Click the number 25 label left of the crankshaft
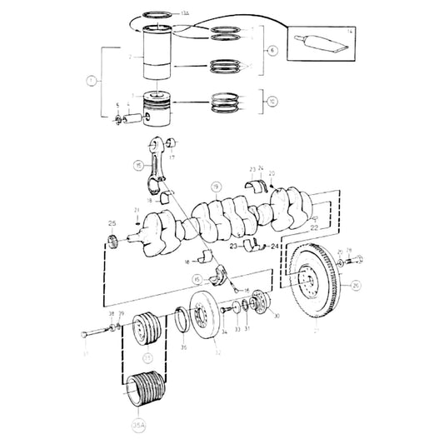[111, 223]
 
